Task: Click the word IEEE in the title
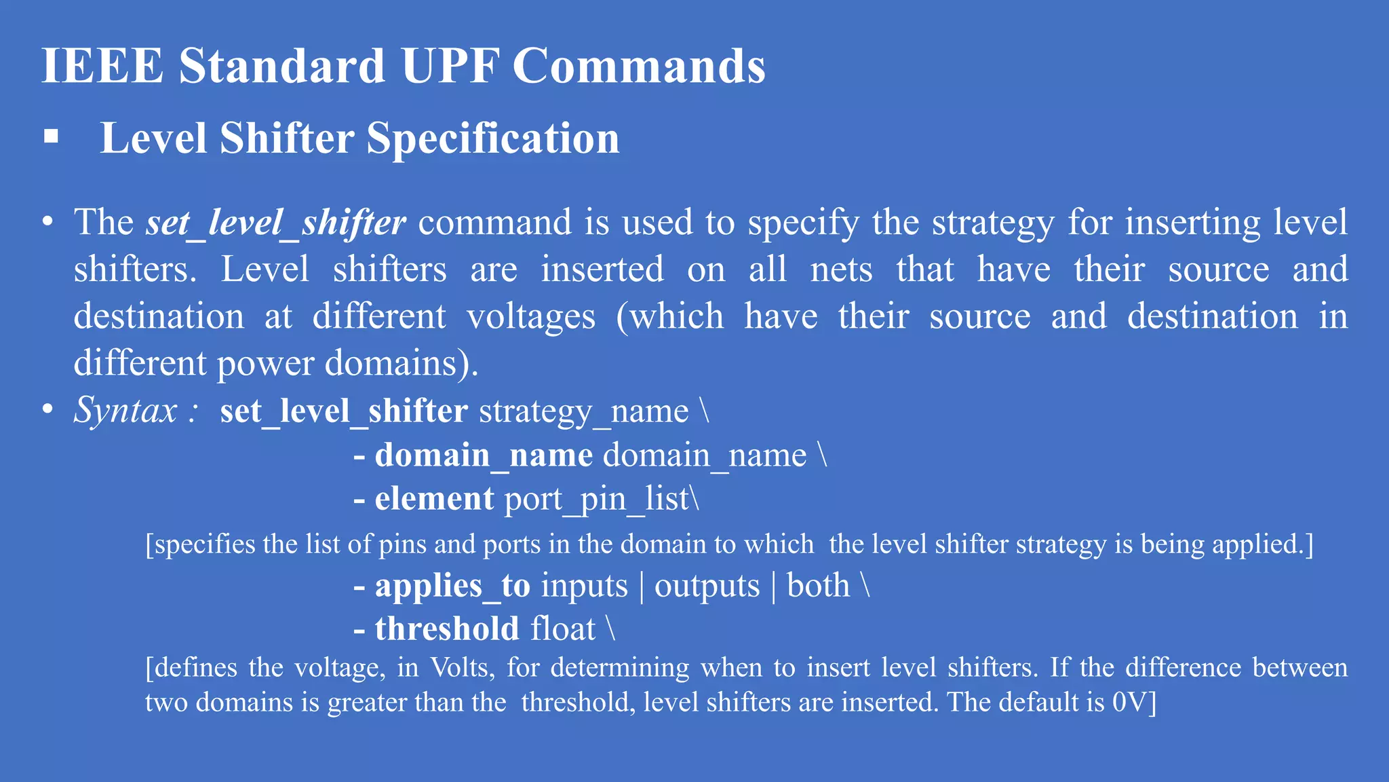click(x=102, y=66)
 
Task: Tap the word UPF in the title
click(x=449, y=66)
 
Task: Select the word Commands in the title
click(x=638, y=66)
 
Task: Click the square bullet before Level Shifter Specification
click(x=51, y=136)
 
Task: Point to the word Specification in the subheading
click(x=493, y=138)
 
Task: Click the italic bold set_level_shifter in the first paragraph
click(x=275, y=223)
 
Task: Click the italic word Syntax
click(x=125, y=410)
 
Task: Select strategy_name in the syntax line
click(x=583, y=411)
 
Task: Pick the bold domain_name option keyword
click(x=484, y=455)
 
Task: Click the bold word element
click(x=434, y=499)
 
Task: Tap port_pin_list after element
click(x=597, y=500)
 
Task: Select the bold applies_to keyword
click(x=452, y=586)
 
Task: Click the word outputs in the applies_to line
click(x=707, y=586)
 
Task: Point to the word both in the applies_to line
click(x=818, y=585)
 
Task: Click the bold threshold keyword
click(x=447, y=629)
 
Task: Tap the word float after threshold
click(x=563, y=629)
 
